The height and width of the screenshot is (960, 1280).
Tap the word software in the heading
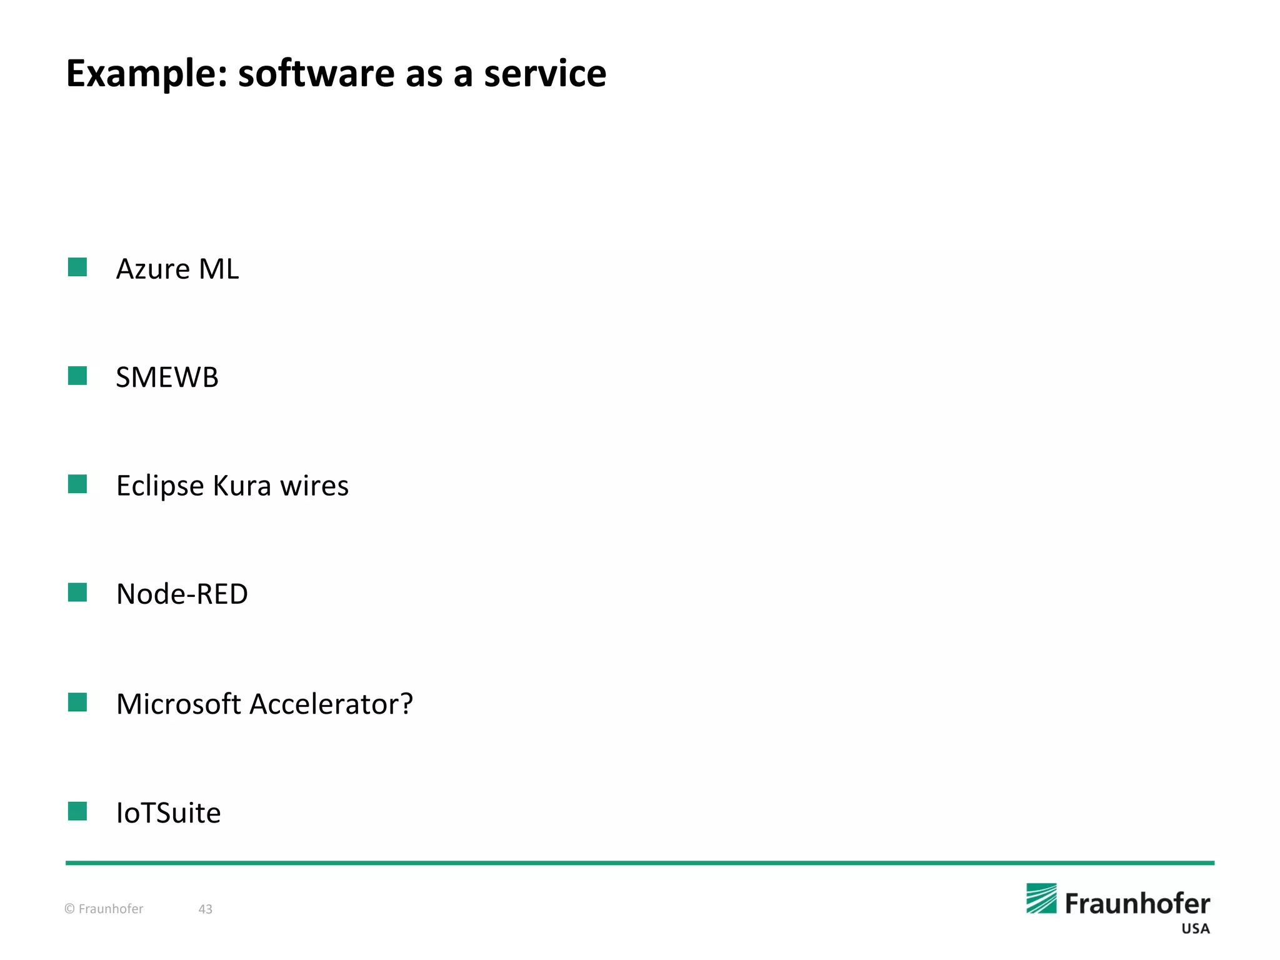(x=316, y=74)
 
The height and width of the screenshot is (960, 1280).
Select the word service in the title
(x=544, y=74)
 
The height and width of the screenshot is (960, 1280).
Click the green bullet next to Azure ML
(x=77, y=267)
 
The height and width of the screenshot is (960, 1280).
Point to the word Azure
(x=153, y=269)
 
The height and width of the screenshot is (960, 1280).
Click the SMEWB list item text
(x=167, y=377)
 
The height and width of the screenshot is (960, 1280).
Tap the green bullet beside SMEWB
(x=77, y=376)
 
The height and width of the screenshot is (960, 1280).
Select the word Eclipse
(x=160, y=486)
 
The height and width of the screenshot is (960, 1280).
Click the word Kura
(x=242, y=486)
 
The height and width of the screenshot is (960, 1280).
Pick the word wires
(x=314, y=486)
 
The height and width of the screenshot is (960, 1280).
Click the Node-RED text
(x=182, y=594)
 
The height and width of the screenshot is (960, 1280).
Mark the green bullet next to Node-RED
(x=77, y=592)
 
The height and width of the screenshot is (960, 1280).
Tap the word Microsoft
(x=179, y=704)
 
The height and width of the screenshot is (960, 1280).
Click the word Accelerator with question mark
(x=331, y=704)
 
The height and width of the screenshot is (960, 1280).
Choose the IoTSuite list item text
(x=169, y=813)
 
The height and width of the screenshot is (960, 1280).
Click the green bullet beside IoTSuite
(x=77, y=811)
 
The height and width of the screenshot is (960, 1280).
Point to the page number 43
(x=206, y=909)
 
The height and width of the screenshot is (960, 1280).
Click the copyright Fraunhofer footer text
(x=104, y=909)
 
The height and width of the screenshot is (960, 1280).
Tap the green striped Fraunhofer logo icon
(x=1041, y=899)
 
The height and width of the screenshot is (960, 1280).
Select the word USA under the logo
(x=1195, y=929)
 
